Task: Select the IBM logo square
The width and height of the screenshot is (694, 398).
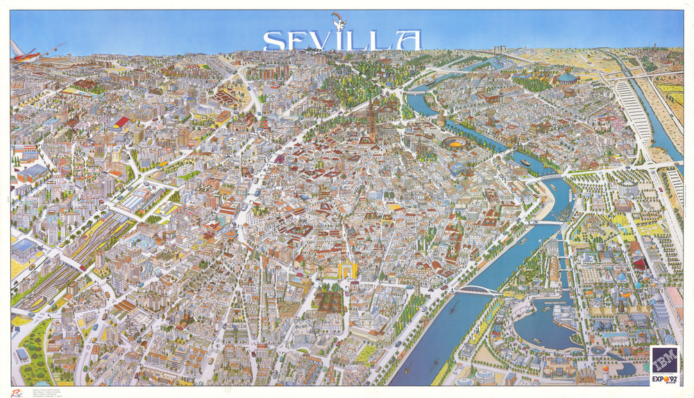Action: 664,360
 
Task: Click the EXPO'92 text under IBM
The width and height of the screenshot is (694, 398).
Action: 663,379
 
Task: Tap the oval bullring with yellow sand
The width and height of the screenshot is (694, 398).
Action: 455,142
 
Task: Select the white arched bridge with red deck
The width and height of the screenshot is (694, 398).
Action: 478,290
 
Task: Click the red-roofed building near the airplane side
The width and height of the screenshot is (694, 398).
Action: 121,122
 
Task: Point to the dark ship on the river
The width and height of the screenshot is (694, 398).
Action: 526,163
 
